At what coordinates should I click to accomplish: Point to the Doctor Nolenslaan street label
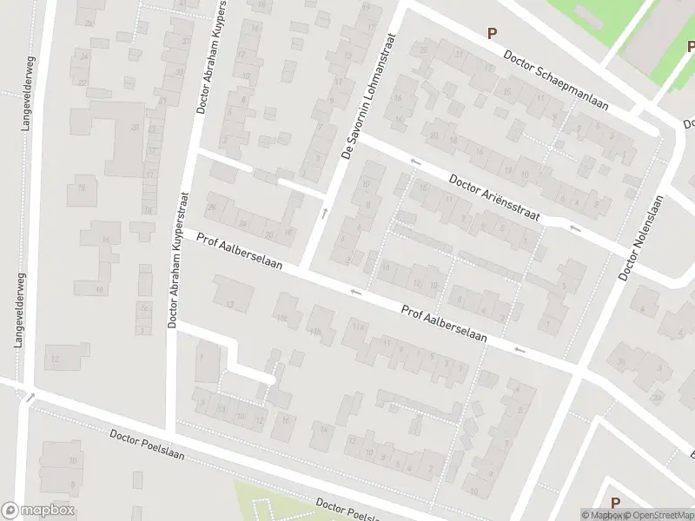640,237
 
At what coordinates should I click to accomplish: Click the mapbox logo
38,511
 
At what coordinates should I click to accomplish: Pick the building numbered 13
230,303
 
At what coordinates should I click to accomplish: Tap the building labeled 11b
314,332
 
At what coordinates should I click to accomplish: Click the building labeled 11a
357,326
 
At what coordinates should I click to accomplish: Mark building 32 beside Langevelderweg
54,358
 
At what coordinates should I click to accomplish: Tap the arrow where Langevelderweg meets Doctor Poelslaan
30,398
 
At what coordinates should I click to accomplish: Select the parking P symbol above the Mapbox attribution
615,502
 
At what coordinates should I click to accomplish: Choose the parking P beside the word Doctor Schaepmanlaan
492,33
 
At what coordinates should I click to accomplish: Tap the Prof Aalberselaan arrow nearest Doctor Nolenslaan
520,350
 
